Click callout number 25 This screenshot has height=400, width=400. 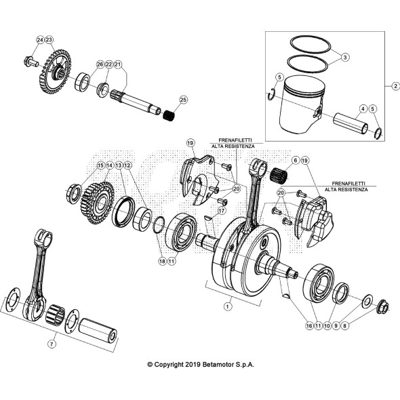point(182,100)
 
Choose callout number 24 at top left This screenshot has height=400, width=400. point(40,41)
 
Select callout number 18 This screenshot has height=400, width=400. point(161,260)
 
